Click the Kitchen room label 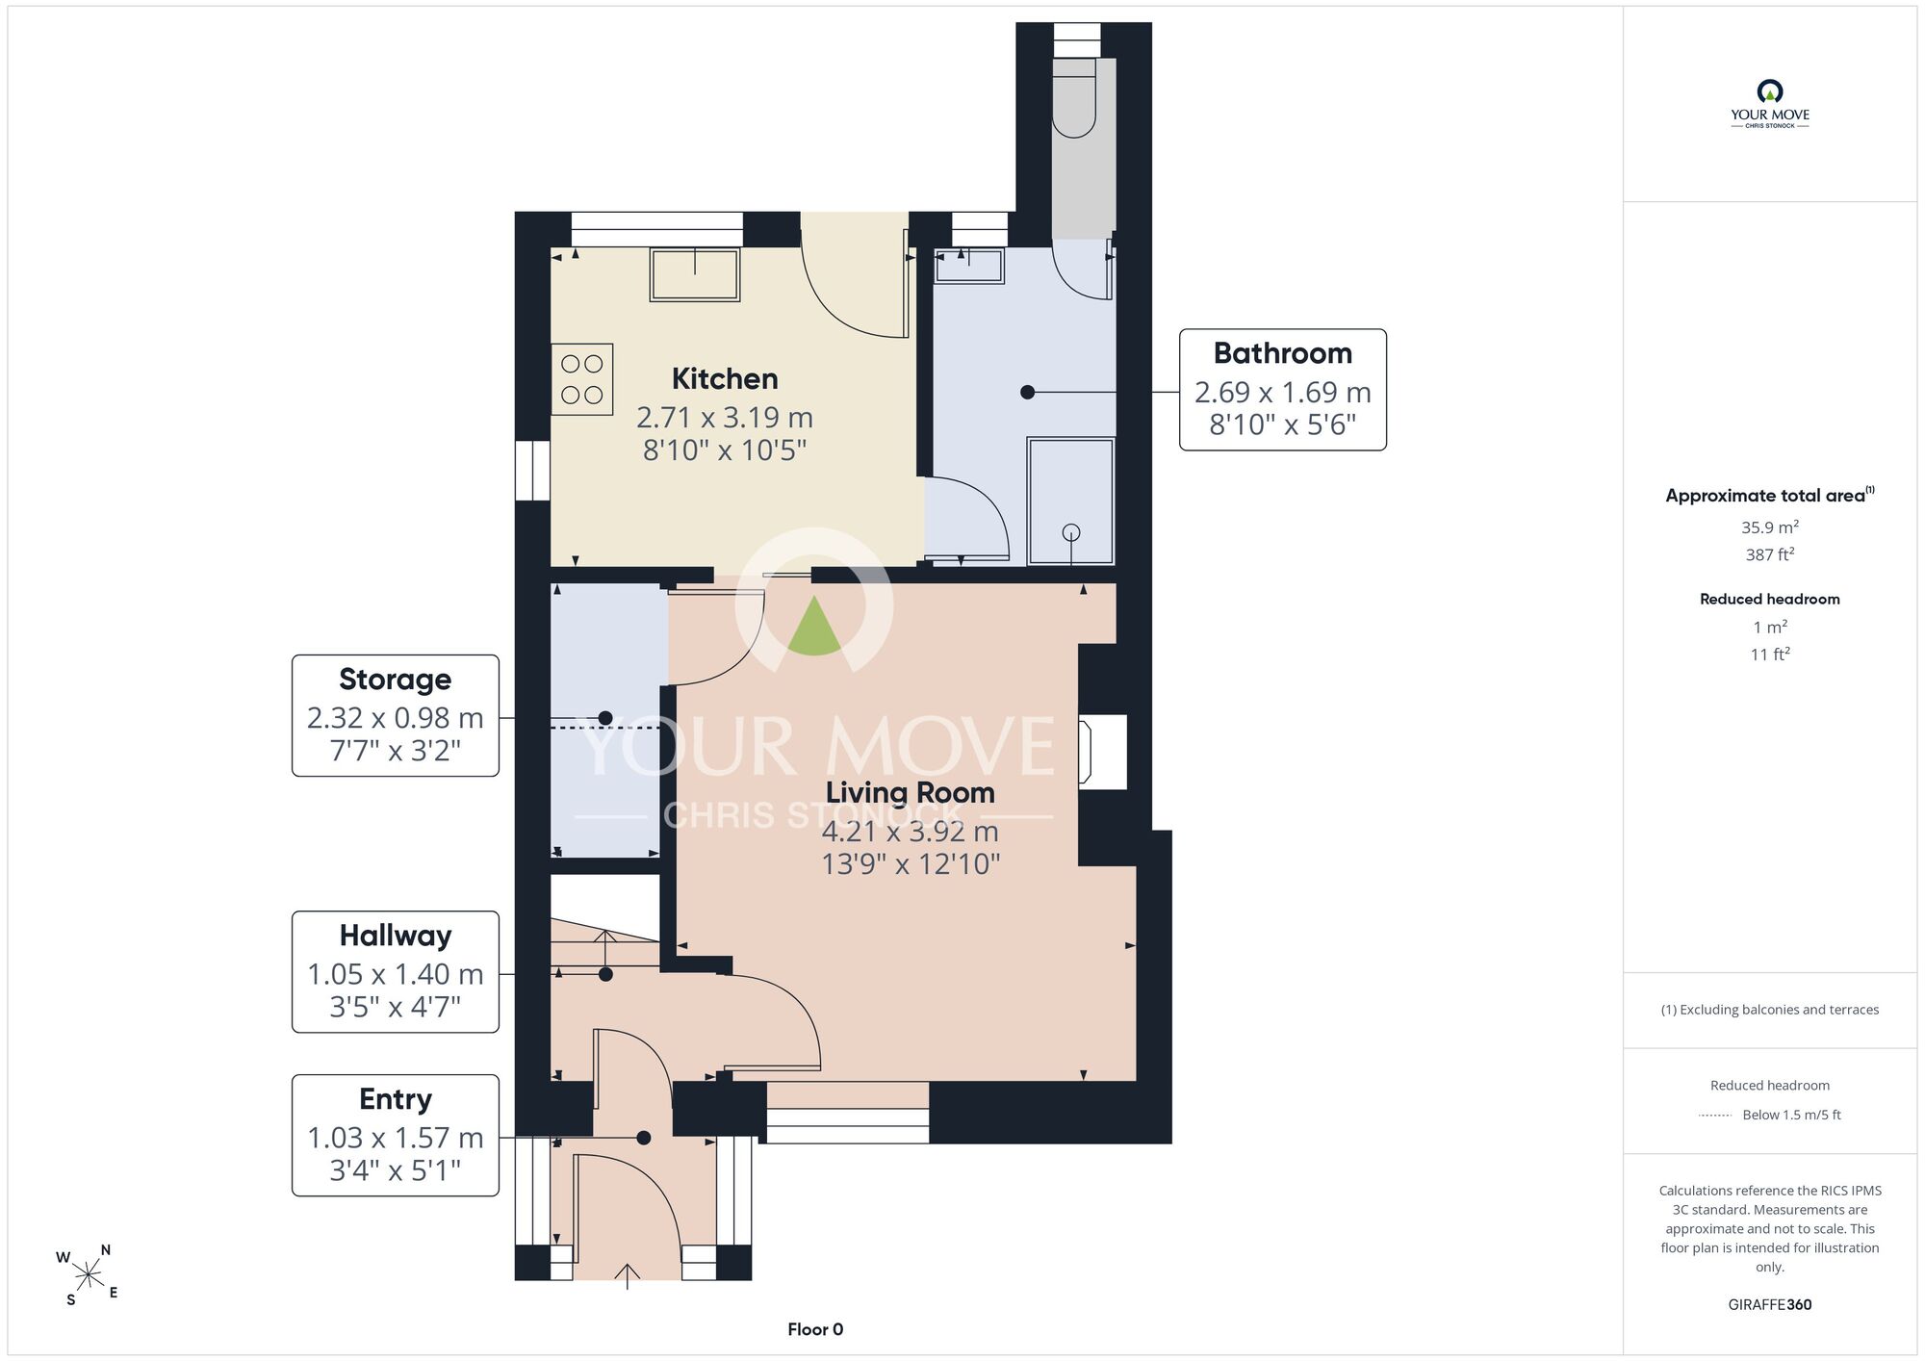coord(725,378)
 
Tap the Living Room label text coord(911,792)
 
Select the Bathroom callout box coord(1283,390)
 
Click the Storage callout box coord(396,715)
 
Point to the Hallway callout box coord(396,972)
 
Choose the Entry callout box coord(396,1136)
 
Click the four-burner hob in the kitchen coord(581,379)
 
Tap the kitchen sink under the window coord(695,274)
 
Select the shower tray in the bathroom coord(1071,501)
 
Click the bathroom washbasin coord(969,266)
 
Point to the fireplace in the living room coord(1102,753)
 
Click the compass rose coord(88,1276)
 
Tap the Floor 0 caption coord(815,1329)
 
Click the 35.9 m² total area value coord(1770,526)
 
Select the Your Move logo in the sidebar coord(1770,104)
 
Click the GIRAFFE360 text coord(1770,1305)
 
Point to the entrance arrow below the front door coord(627,1276)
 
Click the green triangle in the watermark coord(814,626)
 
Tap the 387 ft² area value coord(1770,554)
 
